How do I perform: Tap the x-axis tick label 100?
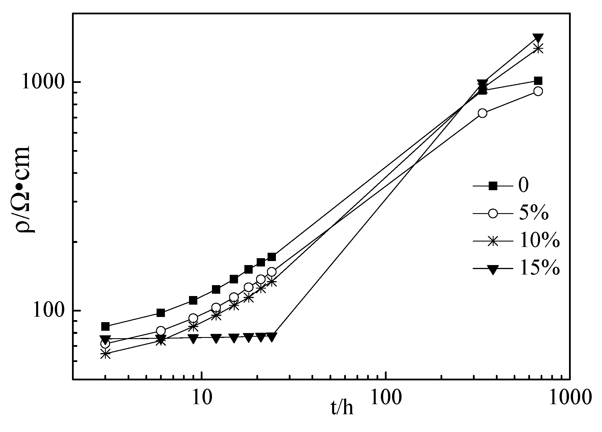385,397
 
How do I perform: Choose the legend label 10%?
539,242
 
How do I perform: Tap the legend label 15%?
539,269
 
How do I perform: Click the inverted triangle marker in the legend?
493,270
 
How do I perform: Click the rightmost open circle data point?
538,92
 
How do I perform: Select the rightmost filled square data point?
538,81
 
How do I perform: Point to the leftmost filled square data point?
105,326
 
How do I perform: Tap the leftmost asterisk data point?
105,354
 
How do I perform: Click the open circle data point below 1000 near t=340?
483,113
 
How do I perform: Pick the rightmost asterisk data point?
538,48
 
